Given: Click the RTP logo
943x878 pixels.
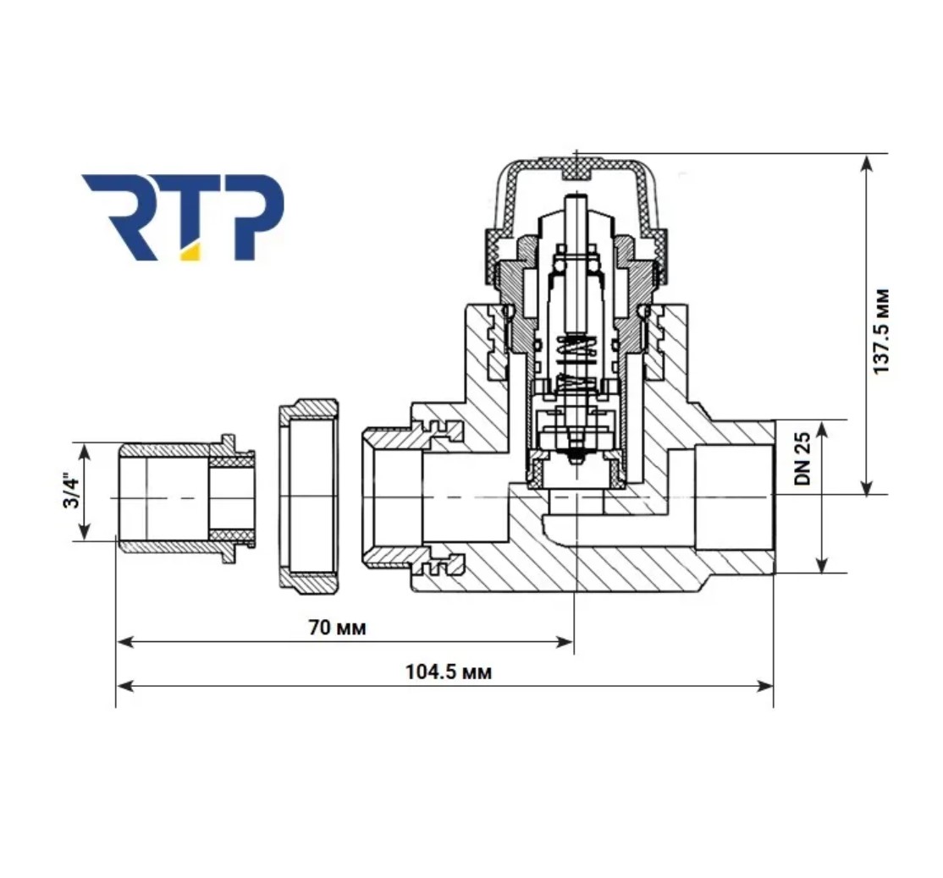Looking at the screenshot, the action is pos(182,217).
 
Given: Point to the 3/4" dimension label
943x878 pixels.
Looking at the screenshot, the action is pos(72,492).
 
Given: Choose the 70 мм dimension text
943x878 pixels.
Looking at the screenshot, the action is pos(337,628).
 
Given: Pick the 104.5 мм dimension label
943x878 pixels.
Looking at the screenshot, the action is pos(449,672).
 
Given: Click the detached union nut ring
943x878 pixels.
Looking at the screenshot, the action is pos(308,497).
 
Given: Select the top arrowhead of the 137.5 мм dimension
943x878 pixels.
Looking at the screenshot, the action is pos(866,163).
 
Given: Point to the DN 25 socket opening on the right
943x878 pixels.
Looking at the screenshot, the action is pos(734,497).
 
